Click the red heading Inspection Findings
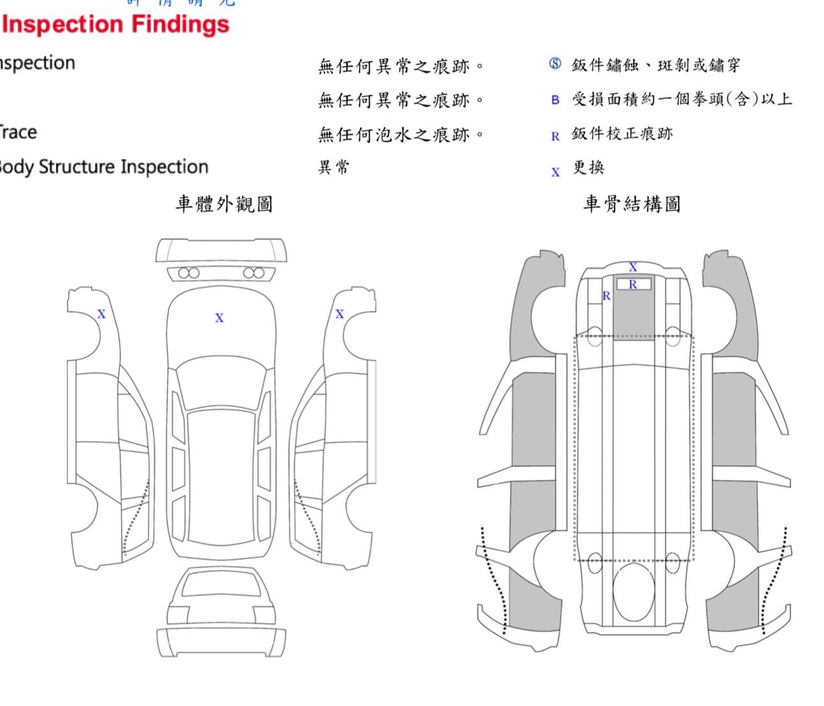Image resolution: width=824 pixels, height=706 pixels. (116, 24)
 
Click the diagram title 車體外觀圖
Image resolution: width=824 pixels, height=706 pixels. (224, 204)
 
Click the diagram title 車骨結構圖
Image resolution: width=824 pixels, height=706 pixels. (631, 204)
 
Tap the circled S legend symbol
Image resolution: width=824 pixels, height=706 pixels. (555, 64)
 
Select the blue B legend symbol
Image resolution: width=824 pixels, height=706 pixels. (555, 100)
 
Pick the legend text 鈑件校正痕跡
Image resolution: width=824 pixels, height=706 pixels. (622, 134)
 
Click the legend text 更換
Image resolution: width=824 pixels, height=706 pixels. (588, 168)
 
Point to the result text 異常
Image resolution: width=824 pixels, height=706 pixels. (334, 168)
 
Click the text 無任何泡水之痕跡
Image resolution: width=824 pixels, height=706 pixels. (401, 135)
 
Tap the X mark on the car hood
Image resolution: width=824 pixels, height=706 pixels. (219, 318)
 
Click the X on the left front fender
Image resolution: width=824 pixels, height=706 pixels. (101, 314)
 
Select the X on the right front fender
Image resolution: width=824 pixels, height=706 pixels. (340, 314)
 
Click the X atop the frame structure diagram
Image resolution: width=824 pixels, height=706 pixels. (633, 267)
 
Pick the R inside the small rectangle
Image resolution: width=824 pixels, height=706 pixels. (633, 284)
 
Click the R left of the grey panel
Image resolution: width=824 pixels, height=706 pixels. (606, 296)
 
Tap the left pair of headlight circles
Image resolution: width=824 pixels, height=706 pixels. (188, 273)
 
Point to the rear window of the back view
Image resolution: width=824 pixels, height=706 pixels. (221, 583)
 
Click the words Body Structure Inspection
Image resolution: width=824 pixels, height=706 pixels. (103, 167)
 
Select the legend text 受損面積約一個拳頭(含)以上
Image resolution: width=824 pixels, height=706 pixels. (682, 100)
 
